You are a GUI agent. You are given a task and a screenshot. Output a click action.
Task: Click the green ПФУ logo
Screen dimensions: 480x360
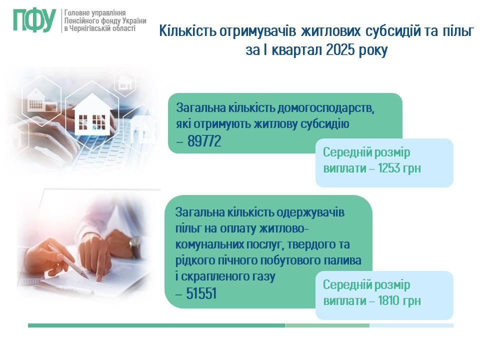(x=34, y=20)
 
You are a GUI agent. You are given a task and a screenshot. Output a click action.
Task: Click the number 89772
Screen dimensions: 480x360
(x=204, y=141)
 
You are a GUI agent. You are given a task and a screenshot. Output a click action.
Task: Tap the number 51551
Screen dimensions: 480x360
(x=201, y=293)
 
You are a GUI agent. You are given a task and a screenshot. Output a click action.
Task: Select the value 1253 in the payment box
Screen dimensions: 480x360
(x=388, y=168)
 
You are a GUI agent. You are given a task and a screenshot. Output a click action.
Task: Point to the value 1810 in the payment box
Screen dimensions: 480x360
(x=388, y=300)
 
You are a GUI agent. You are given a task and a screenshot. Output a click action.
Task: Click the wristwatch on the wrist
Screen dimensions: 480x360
(x=134, y=246)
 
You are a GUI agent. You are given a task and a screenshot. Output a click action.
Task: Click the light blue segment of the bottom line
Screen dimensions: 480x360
(x=411, y=325)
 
